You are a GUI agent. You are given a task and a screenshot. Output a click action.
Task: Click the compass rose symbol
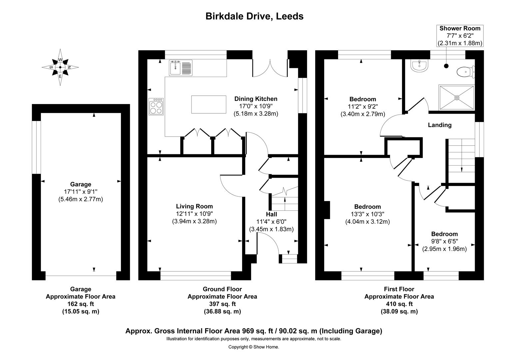point(60,67)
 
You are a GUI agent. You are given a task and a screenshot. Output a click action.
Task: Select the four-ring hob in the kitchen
point(156,107)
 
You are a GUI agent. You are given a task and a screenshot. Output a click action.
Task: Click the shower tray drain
point(457,97)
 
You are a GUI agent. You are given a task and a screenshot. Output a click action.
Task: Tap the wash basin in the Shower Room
point(419,66)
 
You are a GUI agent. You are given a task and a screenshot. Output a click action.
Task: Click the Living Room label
point(194,206)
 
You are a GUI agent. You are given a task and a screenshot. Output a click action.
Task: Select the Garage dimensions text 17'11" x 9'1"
point(80,192)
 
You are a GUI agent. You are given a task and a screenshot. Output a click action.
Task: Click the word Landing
point(439,125)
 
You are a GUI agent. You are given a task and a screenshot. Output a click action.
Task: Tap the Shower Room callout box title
point(460,29)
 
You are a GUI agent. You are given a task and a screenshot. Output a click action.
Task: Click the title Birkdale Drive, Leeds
point(254,16)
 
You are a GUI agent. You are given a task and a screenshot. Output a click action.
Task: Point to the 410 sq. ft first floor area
point(399,304)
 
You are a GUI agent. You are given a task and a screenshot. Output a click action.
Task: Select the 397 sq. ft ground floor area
point(222,304)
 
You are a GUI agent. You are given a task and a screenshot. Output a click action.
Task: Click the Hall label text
point(271,214)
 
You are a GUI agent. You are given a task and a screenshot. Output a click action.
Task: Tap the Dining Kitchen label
point(255,99)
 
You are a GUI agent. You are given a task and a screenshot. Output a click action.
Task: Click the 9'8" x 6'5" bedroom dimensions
point(444,241)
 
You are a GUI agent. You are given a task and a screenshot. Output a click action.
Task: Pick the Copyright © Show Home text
point(254,347)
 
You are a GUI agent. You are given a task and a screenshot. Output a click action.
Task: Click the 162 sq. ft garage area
point(80,304)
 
